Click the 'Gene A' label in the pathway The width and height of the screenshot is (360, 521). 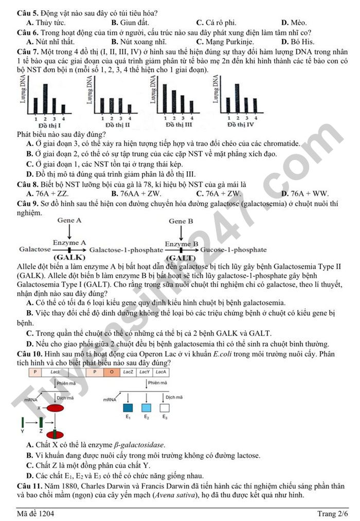(x=70, y=220)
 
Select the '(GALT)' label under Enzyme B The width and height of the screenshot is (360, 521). (x=181, y=257)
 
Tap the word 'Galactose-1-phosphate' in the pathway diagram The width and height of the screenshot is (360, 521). (x=126, y=250)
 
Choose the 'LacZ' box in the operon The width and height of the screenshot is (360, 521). (x=128, y=371)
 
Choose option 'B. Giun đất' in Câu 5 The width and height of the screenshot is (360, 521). (x=130, y=22)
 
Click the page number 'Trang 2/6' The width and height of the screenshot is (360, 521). (x=332, y=513)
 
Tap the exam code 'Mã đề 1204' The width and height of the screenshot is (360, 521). (x=35, y=513)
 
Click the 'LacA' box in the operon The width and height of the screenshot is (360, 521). (x=161, y=371)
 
